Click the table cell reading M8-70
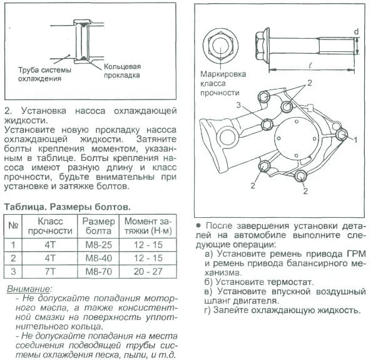pos(98,271)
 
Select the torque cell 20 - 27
pos(148,271)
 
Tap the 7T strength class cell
pos(49,271)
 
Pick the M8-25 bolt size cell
pos(98,245)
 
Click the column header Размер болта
pos(98,226)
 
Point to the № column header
pos(13,225)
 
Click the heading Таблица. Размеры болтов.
pos(68,207)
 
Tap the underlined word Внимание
pos(28,289)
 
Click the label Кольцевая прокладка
pos(122,71)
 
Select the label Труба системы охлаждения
pos(44,75)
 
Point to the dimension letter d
pos(356,32)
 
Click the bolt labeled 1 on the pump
pos(342,135)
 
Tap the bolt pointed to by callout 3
pos(267,125)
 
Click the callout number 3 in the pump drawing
pos(238,105)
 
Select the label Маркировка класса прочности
pos(223,83)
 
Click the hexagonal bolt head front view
pos(220,46)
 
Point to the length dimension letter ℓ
pos(310,64)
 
